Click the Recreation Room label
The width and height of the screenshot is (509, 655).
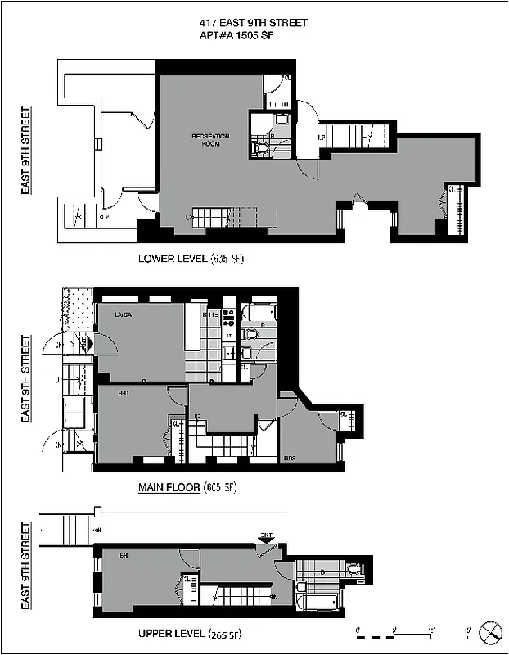click(x=210, y=139)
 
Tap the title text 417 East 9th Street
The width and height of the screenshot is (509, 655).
click(x=254, y=23)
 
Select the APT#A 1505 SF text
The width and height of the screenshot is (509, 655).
click(x=254, y=36)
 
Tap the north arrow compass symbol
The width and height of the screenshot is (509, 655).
click(x=490, y=631)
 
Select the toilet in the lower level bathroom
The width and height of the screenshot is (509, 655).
click(x=261, y=148)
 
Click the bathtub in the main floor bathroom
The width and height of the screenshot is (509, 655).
click(x=261, y=314)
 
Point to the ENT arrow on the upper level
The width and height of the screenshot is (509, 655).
click(x=267, y=538)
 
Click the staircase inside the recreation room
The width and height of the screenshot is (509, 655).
click(x=210, y=219)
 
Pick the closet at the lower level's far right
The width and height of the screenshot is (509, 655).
click(x=457, y=210)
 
